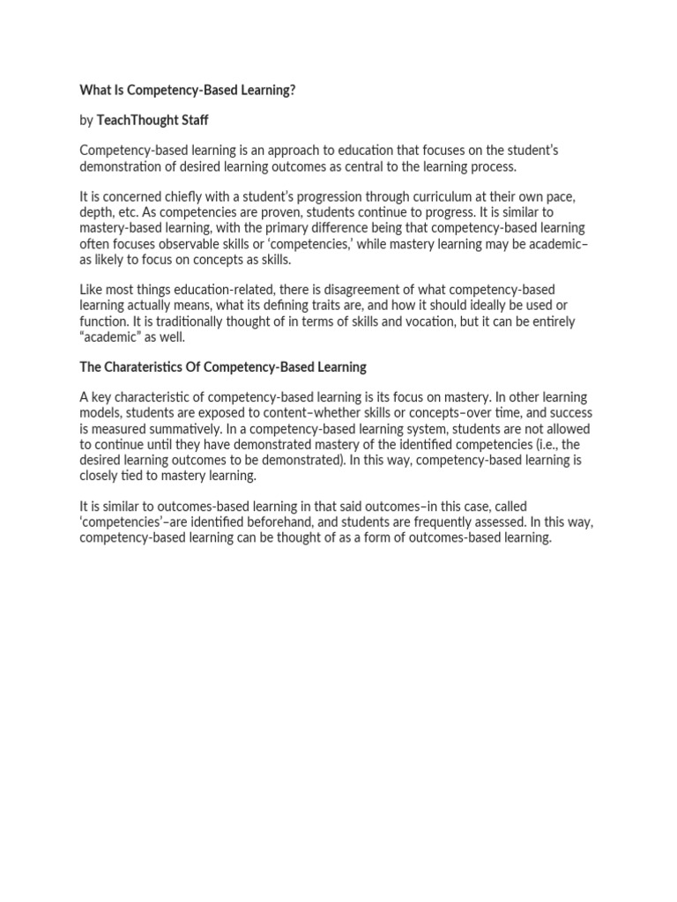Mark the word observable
tap(190, 244)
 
